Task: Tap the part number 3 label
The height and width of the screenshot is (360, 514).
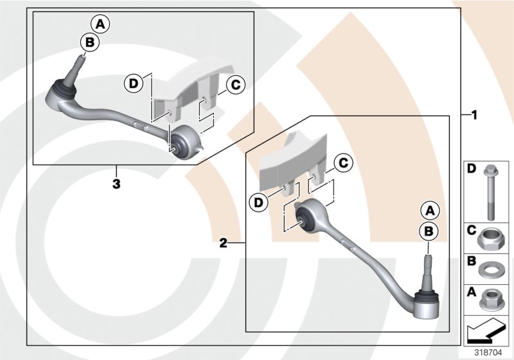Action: pos(116,184)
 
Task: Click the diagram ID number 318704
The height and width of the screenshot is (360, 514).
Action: pos(490,352)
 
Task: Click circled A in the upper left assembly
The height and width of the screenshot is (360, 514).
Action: pos(100,25)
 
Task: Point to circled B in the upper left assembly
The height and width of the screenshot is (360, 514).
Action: pos(89,42)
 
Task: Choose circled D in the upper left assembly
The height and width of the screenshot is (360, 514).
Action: pos(133,84)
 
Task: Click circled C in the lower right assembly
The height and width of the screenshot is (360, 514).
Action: pos(344,164)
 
